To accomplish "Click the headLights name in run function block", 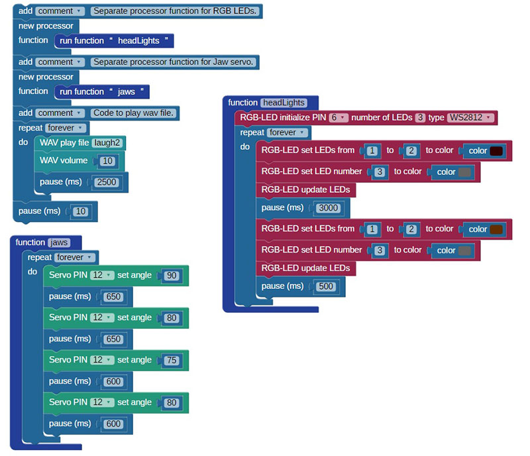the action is coord(138,41).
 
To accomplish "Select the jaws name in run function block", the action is coord(126,91).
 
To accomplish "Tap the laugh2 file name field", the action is coord(107,142).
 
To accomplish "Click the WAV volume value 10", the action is coord(107,161).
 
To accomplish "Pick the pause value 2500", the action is coord(107,182).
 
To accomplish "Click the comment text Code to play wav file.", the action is coord(133,113).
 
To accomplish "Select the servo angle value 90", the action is coord(172,275).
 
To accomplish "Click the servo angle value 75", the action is coord(172,361).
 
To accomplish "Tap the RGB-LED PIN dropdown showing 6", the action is coord(339,117).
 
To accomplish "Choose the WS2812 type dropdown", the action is coord(470,117).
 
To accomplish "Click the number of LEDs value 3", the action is coord(420,117).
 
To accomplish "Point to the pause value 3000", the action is coord(328,207).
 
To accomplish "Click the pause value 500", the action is coord(326,286).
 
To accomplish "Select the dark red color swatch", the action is coord(496,151).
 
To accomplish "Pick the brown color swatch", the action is coord(496,229).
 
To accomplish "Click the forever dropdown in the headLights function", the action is coord(288,133).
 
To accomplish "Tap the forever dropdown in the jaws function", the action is coord(75,257).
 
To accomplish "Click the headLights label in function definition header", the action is coord(284,103).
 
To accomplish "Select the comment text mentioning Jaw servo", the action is coord(173,62).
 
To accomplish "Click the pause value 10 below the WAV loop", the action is coord(80,212).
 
